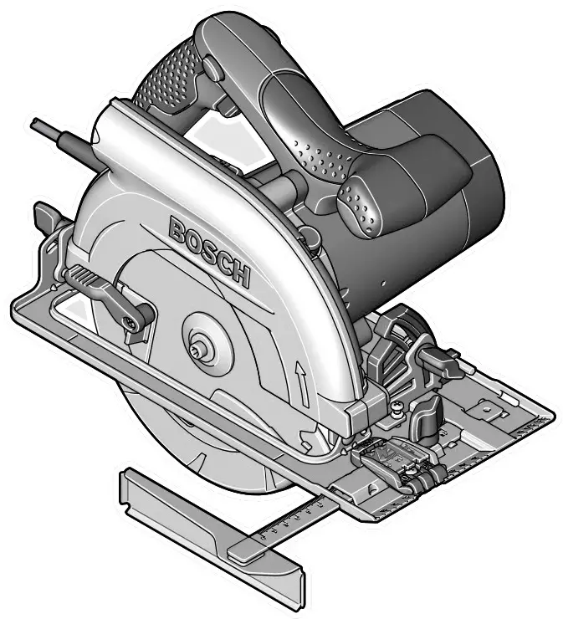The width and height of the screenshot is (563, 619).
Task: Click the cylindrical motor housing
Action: (435, 192)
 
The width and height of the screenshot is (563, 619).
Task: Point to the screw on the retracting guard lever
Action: (131, 321)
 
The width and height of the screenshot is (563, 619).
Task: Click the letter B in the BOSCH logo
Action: (178, 229)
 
